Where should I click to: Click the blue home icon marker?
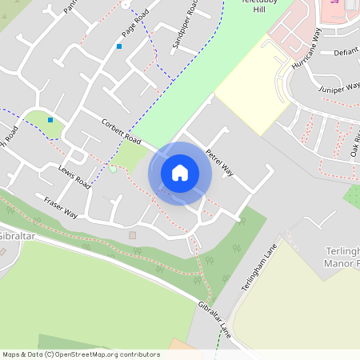coord(179,173)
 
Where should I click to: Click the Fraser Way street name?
coord(61,207)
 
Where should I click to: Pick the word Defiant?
coord(346,52)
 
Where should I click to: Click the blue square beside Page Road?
coord(119,46)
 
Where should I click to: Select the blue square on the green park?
coord(50,120)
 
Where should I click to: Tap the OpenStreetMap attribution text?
coord(80,354)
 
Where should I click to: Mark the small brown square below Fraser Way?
coord(133,235)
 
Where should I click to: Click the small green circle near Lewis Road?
coord(113,169)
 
